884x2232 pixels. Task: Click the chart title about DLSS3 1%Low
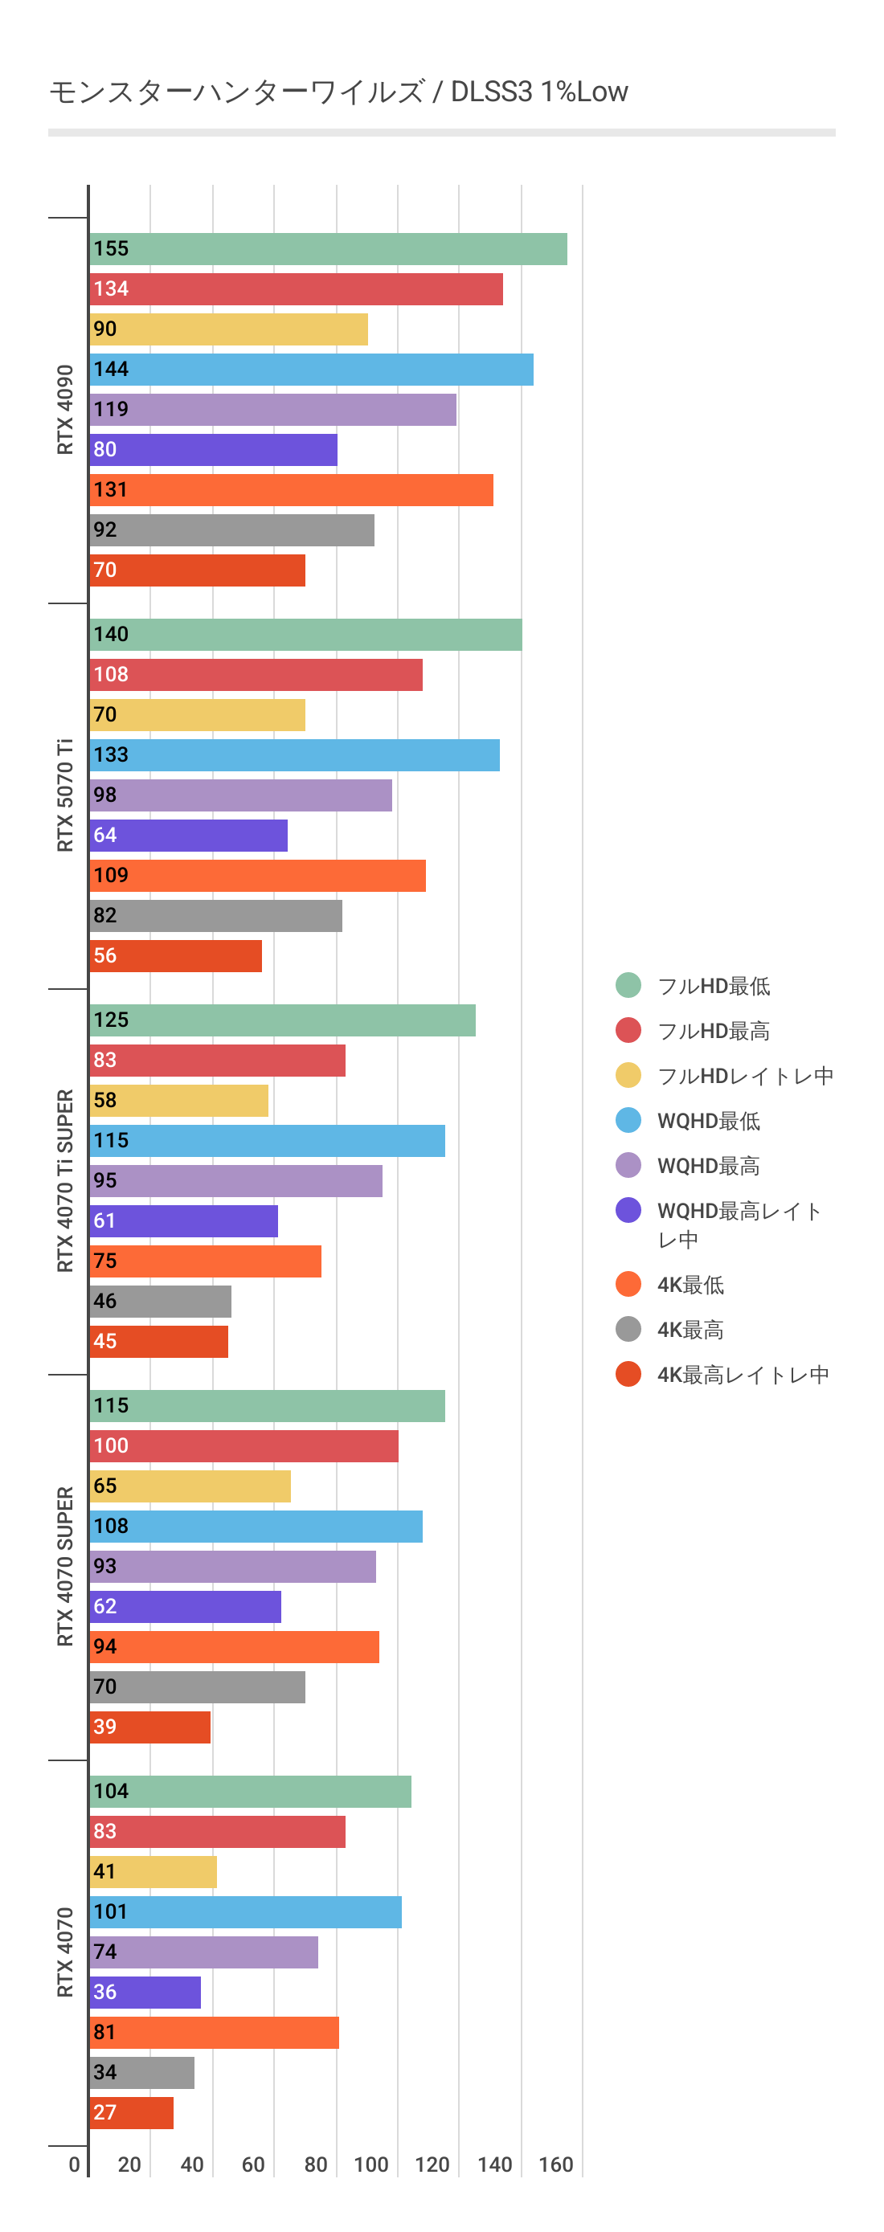(x=338, y=92)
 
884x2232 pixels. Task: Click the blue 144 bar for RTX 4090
(x=311, y=369)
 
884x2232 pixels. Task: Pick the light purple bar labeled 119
(x=272, y=410)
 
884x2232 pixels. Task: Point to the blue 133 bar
(x=294, y=754)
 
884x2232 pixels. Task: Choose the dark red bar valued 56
(x=175, y=955)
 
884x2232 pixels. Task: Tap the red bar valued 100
(x=244, y=1446)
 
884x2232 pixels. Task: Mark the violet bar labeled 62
(x=185, y=1606)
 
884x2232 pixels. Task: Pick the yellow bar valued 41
(x=153, y=1871)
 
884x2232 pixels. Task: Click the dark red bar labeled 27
(x=131, y=2112)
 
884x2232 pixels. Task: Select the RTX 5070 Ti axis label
(x=65, y=795)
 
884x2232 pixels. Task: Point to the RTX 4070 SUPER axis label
(x=65, y=1566)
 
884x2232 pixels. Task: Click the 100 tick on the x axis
(x=371, y=2165)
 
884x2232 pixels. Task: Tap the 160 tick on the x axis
(x=555, y=2165)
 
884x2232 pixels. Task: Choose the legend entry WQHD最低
(x=708, y=1120)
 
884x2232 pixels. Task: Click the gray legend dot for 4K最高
(x=628, y=1329)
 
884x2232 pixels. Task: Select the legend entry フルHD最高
(x=714, y=1030)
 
